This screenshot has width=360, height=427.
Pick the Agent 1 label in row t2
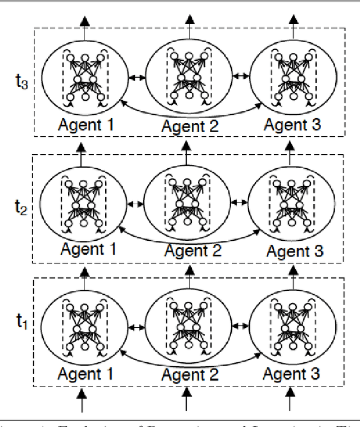pos(88,248)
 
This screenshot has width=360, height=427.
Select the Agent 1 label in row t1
pos(86,373)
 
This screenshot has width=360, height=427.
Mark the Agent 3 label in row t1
pos(291,373)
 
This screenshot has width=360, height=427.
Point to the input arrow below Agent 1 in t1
pos(83,403)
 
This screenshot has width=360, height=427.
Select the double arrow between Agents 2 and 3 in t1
pos(238,324)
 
